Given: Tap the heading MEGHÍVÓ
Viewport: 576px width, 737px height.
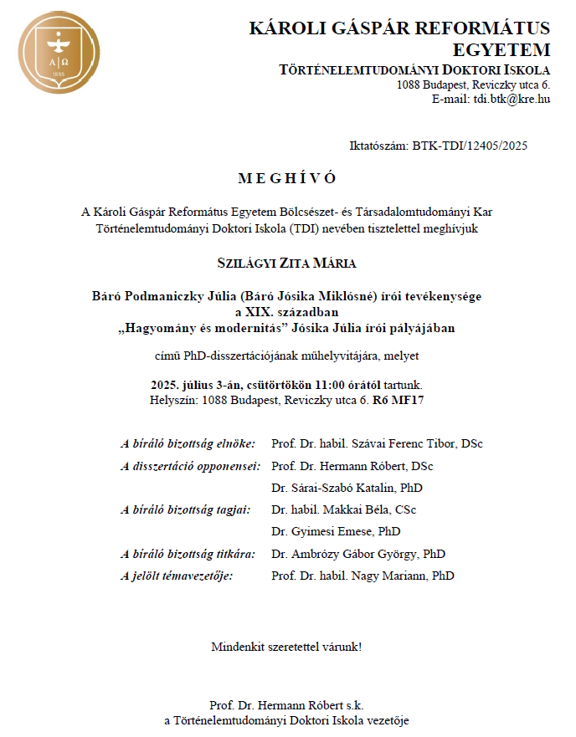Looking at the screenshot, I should (287, 178).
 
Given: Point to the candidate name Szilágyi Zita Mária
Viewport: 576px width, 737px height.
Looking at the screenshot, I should (287, 264).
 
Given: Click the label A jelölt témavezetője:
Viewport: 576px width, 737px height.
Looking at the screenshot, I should (177, 576).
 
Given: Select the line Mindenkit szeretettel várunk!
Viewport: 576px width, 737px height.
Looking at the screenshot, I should (287, 647).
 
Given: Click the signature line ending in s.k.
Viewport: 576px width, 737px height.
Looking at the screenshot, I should (287, 705).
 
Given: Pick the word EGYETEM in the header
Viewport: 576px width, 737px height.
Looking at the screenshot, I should (500, 49).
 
